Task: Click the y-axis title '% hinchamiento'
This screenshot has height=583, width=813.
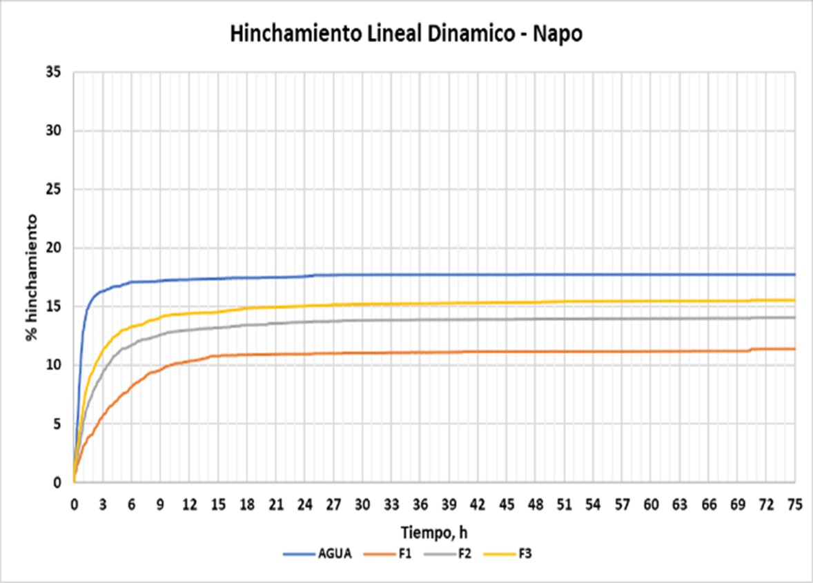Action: [x=32, y=277]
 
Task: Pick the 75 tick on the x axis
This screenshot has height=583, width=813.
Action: [x=795, y=505]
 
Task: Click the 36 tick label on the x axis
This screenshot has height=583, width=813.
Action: [x=420, y=505]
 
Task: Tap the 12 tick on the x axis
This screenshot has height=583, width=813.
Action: [x=189, y=505]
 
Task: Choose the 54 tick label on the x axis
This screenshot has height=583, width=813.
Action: [x=593, y=505]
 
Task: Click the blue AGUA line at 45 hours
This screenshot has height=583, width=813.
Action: [x=507, y=275]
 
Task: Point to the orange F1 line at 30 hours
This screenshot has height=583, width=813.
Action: [x=362, y=353]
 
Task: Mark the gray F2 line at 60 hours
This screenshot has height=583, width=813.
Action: [x=651, y=318]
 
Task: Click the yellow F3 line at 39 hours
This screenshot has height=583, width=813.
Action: [x=449, y=303]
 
